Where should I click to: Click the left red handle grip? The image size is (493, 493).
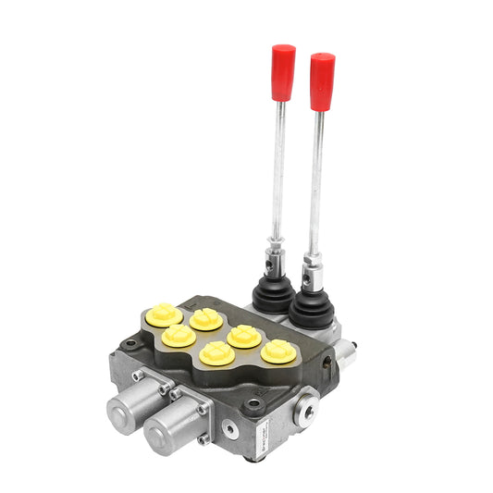(x=283, y=71)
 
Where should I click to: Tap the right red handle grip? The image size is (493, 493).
(x=322, y=81)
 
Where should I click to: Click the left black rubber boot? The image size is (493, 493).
(x=276, y=293)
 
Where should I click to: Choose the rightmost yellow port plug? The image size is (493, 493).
(x=277, y=351)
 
